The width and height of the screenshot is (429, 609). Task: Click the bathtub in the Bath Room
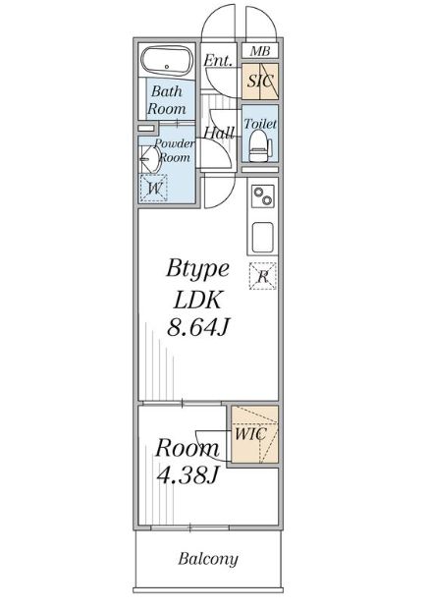166,61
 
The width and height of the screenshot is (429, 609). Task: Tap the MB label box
260,51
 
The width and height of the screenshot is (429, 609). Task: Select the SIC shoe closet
260,81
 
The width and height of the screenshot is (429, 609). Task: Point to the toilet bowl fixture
259,146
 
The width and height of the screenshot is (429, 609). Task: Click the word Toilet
260,124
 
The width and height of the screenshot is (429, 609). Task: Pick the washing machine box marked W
153,188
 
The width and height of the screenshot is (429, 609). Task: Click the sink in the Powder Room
150,159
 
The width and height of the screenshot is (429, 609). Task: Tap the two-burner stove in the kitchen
263,195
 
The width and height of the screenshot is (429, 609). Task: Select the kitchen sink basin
262,238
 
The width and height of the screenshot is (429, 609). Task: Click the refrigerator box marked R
263,276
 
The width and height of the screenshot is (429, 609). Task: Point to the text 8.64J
198,327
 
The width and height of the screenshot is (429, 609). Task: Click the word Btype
197,269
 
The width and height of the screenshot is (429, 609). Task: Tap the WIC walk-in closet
254,434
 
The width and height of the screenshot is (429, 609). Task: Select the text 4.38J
188,474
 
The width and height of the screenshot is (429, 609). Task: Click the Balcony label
208,559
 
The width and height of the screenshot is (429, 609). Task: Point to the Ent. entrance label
218,60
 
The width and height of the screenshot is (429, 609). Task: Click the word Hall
219,134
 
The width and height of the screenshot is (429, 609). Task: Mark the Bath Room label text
167,100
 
